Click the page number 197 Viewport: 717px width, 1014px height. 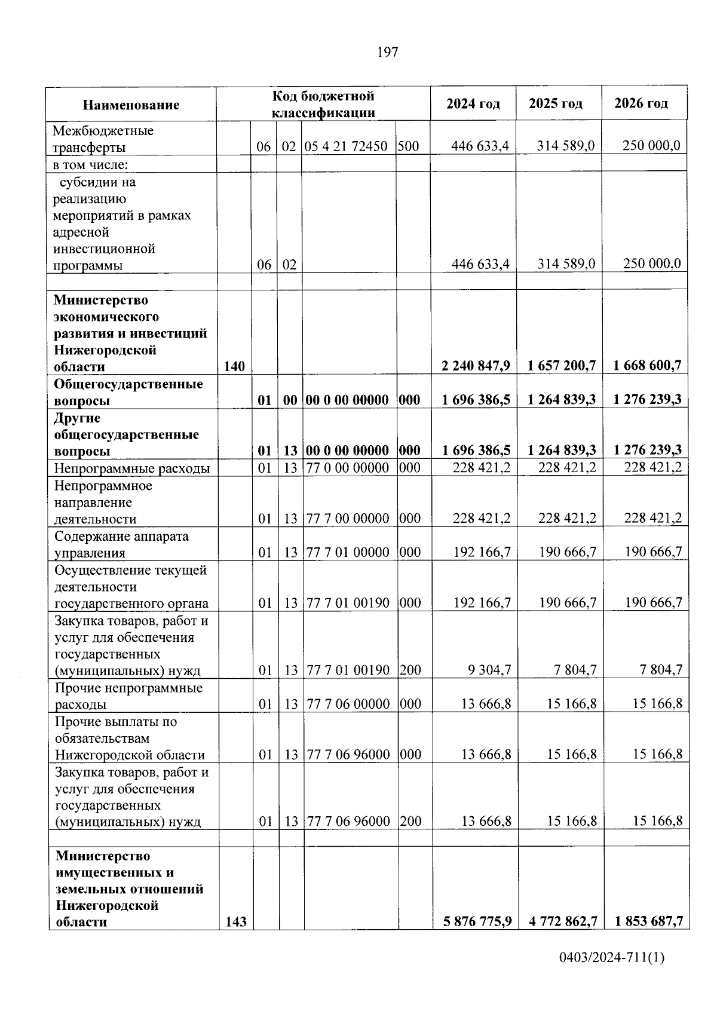point(388,53)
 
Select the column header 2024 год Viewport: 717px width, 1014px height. point(473,103)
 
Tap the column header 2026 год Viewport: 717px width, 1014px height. point(641,103)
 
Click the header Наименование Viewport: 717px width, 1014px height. point(131,105)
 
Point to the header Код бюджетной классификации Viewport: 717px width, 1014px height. point(323,105)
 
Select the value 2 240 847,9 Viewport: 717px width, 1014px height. point(476,366)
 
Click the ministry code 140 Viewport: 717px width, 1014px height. point(234,366)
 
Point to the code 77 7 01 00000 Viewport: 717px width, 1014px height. point(348,552)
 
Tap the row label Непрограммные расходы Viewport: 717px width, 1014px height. point(132,468)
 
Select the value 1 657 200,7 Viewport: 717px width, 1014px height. point(562,366)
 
